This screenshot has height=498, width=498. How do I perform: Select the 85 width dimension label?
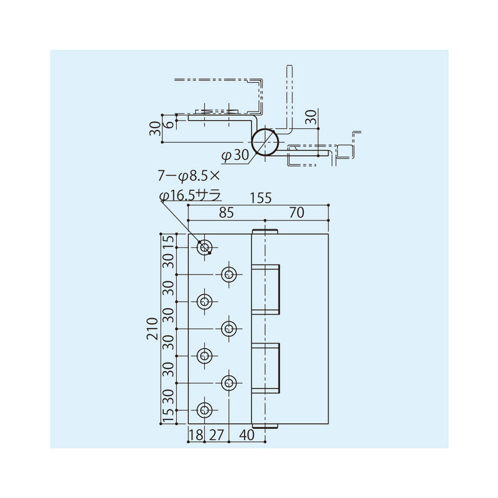(x=226, y=213)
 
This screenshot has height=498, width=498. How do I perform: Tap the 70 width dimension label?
(x=296, y=213)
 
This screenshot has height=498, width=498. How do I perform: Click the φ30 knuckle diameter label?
(x=234, y=154)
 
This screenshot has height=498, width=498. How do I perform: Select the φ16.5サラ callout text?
(x=190, y=195)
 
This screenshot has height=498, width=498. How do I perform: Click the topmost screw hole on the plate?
(x=204, y=248)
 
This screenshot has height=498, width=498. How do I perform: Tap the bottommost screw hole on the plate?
(x=204, y=410)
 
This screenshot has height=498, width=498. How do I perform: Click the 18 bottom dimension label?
(x=195, y=435)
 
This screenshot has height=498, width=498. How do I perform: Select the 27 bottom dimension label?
(x=216, y=435)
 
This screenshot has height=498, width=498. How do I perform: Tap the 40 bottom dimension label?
(x=248, y=435)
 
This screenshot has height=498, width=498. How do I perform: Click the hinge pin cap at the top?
(x=265, y=232)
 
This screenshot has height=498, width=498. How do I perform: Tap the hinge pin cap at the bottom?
(x=265, y=425)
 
